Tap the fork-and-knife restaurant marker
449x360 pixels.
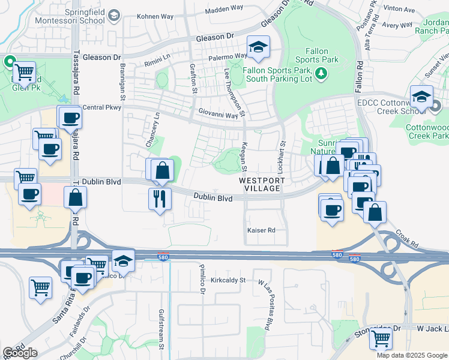pyautogui.click(x=160, y=199)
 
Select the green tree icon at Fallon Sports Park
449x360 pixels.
pyautogui.click(x=322, y=73)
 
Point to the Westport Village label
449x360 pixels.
pyautogui.click(x=260, y=184)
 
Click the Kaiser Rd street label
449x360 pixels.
pyautogui.click(x=261, y=230)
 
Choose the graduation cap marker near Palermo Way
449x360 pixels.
pyautogui.click(x=259, y=48)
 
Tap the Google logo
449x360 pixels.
pyautogui.click(x=20, y=353)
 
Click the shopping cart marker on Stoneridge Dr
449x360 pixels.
pyautogui.click(x=381, y=339)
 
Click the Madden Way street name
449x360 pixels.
pyautogui.click(x=224, y=10)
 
